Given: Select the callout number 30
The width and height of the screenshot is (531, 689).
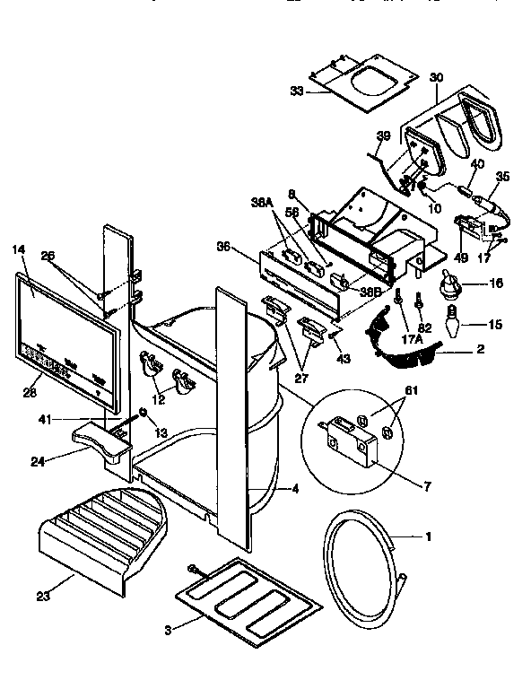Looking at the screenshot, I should coord(437,78).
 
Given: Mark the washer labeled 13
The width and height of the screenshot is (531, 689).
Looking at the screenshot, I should coord(141,414).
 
